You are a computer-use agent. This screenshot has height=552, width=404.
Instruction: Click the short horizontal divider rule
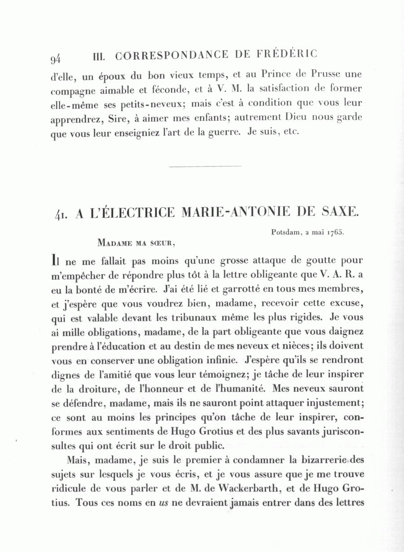click(x=206, y=166)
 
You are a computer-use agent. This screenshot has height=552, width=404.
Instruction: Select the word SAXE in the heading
click(x=340, y=211)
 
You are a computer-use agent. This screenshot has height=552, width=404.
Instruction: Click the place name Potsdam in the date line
click(x=285, y=232)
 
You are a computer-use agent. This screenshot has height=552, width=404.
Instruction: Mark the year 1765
click(x=335, y=232)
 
